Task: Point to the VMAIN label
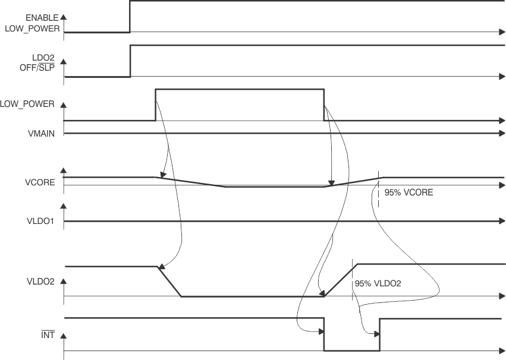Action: point(41,134)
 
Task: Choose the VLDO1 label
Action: point(41,220)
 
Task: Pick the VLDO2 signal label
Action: point(41,282)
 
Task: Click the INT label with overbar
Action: point(48,335)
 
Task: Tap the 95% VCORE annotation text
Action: point(408,193)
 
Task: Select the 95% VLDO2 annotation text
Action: point(378,284)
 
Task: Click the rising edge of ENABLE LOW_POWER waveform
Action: point(130,17)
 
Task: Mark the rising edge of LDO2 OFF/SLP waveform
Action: point(130,61)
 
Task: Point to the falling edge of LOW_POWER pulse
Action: point(324,105)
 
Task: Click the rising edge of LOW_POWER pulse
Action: point(155,105)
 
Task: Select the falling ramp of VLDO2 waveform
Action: point(169,282)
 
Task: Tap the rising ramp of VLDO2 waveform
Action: point(340,280)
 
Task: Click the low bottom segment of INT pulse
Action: point(351,350)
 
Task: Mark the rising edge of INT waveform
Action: point(379,334)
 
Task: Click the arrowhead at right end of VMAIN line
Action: point(501,134)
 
